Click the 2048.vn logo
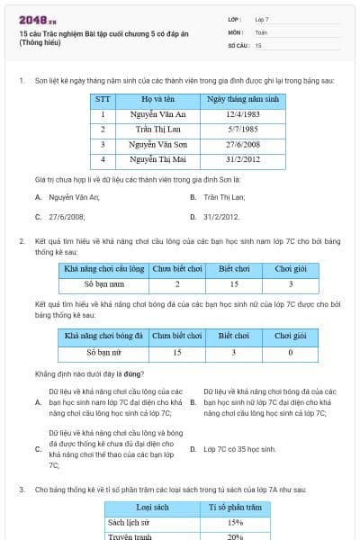[36, 19]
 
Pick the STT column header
[103, 99]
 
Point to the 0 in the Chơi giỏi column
[290, 352]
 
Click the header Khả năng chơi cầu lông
[103, 269]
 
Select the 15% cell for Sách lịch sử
[236, 522]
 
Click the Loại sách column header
[149, 508]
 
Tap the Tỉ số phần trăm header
[236, 508]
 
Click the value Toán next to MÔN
[262, 31]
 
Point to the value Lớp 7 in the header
[262, 19]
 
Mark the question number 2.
[21, 241]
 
